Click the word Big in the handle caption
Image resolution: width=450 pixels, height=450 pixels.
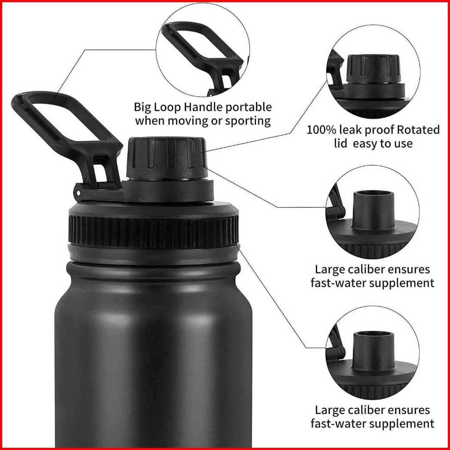coord(142,107)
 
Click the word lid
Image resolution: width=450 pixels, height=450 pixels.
coord(341,143)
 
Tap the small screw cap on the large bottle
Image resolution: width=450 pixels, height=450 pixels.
coord(166,159)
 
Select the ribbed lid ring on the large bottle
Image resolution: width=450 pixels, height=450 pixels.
coord(154,232)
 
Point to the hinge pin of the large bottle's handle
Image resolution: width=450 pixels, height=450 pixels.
coord(77,193)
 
